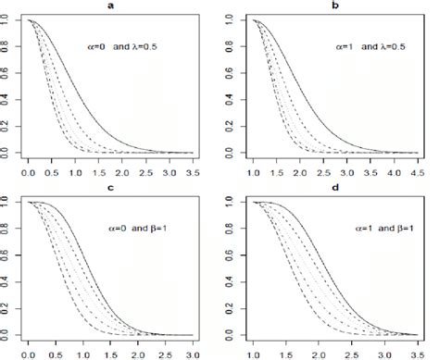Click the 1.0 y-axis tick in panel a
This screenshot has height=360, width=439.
[x=8, y=20]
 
